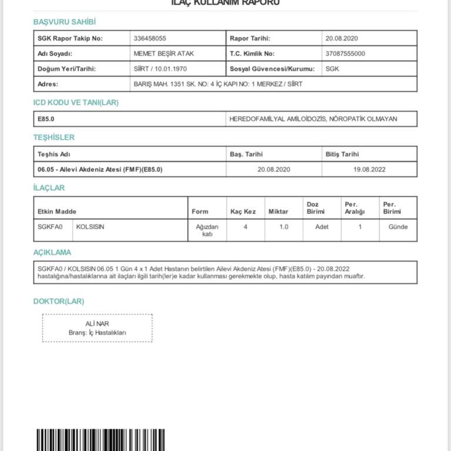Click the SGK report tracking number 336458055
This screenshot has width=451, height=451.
150,39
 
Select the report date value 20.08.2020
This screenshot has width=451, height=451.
341,39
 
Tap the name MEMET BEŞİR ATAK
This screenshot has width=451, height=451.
164,53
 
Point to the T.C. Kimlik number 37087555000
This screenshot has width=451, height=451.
345,53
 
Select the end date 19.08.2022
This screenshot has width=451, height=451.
369,169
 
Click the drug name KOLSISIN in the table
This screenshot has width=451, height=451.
90,227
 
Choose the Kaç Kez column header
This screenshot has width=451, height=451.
243,211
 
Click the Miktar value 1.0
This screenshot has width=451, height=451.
284,227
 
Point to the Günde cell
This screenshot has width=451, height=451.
398,227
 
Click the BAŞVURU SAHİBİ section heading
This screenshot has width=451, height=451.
65,22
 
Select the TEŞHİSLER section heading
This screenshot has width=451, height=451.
54,137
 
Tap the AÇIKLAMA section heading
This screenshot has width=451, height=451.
52,253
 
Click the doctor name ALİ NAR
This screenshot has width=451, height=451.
97,324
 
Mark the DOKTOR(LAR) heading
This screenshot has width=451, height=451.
59,301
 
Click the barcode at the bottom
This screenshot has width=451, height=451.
100,440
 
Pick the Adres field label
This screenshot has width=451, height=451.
48,84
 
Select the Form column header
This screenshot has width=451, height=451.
200,211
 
